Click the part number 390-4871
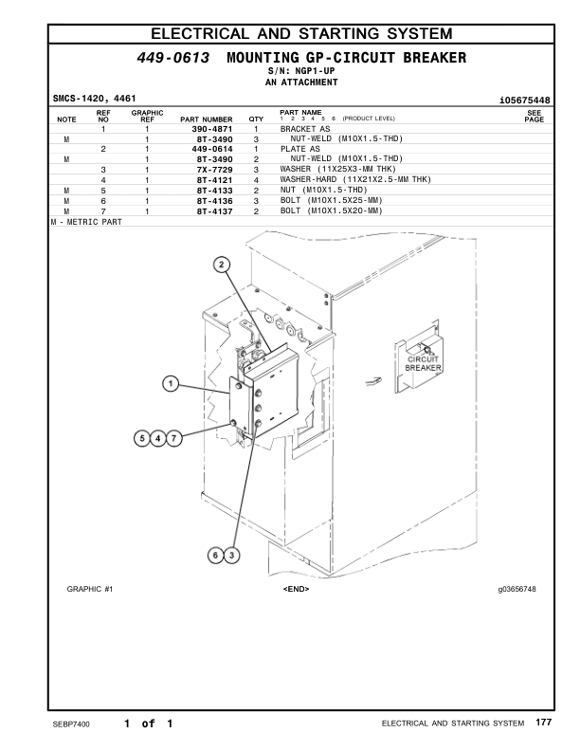212,128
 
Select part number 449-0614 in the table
212,149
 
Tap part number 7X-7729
212,169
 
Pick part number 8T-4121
213,179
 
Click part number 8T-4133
213,191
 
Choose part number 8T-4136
213,201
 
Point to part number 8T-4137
213,211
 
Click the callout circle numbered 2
222,266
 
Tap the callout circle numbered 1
171,384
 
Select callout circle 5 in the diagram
144,438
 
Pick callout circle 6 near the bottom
217,554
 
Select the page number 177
543,724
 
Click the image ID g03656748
517,590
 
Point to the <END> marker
296,590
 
